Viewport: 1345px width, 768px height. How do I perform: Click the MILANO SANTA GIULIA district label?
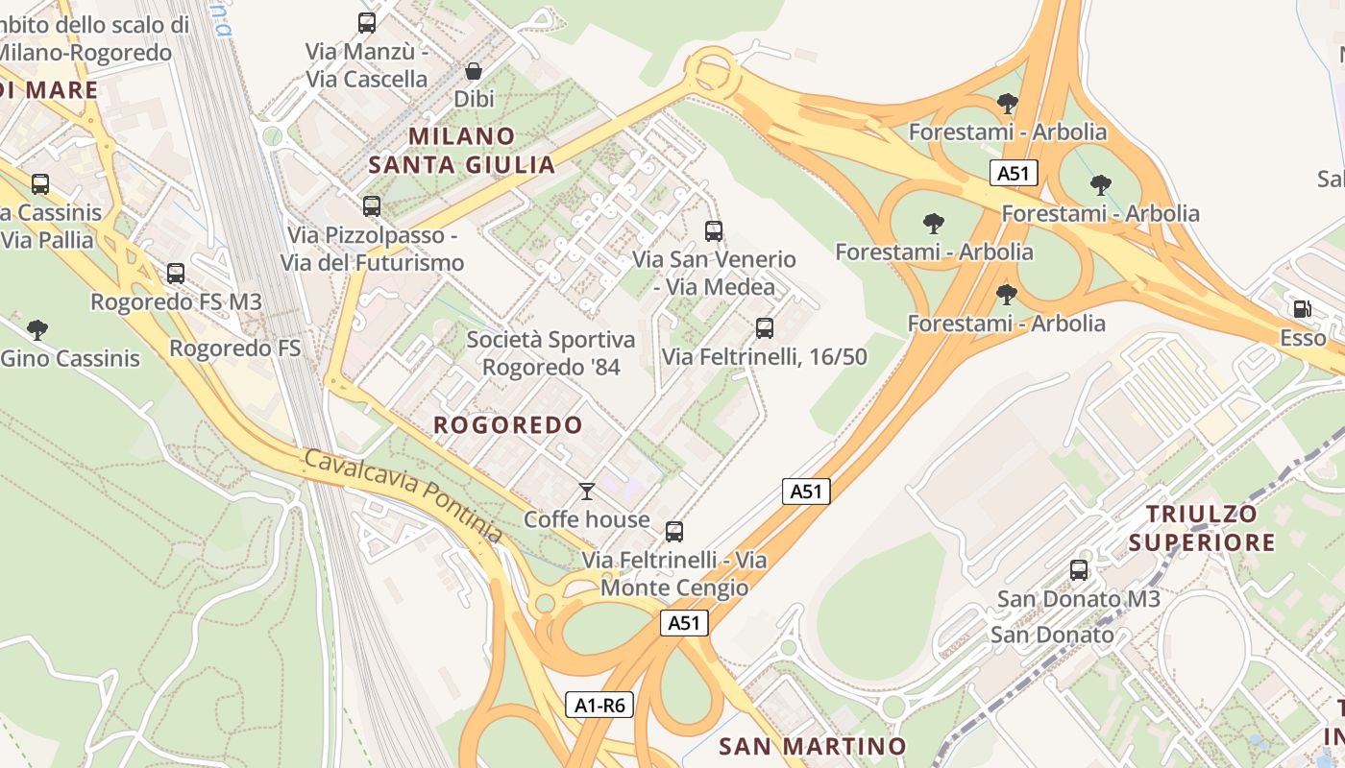click(462, 150)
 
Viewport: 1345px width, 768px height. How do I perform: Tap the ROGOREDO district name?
click(508, 425)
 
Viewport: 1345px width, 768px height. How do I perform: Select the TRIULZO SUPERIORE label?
click(1202, 528)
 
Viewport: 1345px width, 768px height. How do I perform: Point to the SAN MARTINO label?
click(813, 746)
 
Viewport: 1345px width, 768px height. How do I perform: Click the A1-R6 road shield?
click(599, 706)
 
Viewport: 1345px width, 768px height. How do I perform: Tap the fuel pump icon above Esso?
click(1303, 309)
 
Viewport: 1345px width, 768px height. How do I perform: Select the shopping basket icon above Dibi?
click(474, 71)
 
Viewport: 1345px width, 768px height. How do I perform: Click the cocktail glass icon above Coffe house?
click(587, 492)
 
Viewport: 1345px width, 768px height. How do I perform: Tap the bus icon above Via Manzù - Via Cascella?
click(367, 23)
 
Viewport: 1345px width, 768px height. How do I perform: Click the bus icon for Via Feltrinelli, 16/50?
click(765, 328)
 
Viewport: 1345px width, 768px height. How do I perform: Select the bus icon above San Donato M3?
click(1079, 570)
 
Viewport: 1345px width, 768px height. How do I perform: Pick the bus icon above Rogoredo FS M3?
click(176, 274)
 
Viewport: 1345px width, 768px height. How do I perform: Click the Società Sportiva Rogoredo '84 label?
click(550, 353)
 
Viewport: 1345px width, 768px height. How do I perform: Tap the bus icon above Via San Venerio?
click(714, 230)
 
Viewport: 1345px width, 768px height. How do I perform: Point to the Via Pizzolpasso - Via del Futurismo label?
click(372, 249)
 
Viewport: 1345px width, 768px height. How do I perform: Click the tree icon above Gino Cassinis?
click(37, 330)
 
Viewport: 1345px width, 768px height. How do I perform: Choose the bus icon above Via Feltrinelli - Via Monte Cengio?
click(674, 532)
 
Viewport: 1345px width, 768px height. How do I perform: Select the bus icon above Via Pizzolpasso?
click(372, 205)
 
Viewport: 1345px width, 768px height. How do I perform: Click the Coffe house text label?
click(587, 519)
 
